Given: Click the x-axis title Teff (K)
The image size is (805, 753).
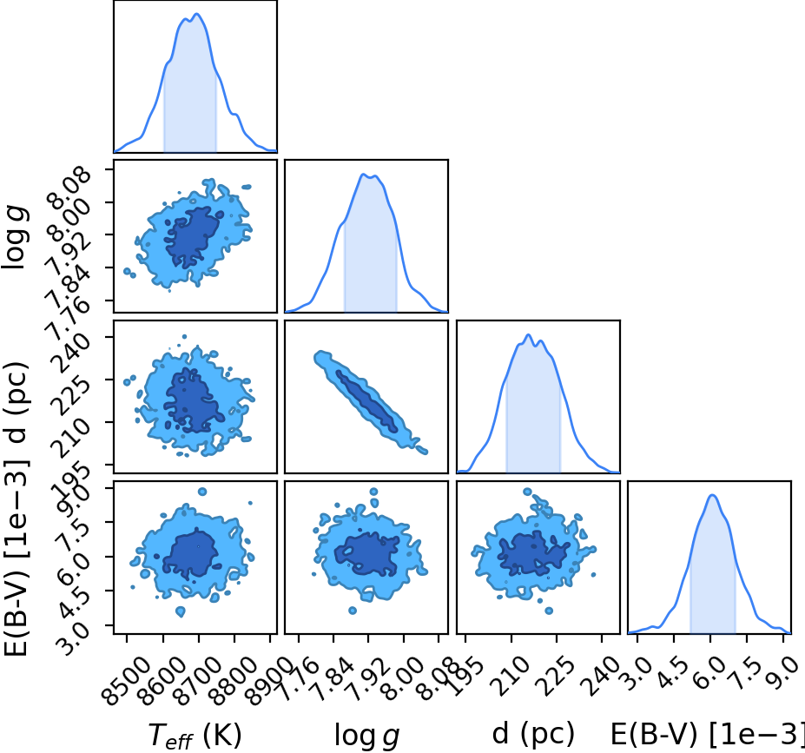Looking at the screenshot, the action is (x=195, y=736).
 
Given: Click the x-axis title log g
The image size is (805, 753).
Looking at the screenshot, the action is (x=366, y=736).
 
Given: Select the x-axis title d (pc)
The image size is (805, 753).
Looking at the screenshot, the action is (x=533, y=735).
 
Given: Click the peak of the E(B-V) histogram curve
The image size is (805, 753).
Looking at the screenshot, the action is (x=712, y=495).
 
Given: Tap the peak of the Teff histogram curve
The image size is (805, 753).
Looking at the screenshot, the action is (x=196, y=14).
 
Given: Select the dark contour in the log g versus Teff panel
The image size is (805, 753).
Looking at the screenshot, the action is (x=193, y=236).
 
